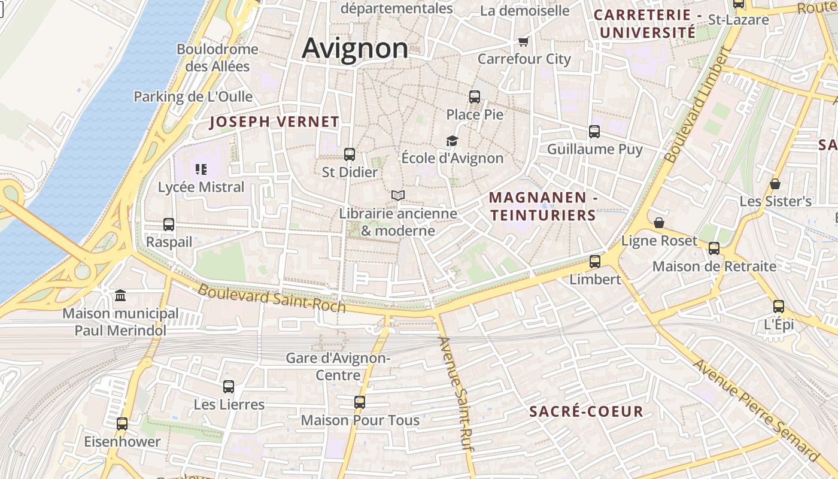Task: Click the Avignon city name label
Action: (355, 48)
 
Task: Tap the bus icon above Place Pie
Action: (475, 96)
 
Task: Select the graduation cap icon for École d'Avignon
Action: (452, 141)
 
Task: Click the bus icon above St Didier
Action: (350, 154)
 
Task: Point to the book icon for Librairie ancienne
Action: (398, 195)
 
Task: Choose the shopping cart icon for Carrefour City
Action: (524, 41)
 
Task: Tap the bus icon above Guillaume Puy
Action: (594, 132)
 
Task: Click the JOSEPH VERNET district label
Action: (274, 122)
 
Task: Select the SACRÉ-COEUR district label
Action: (587, 411)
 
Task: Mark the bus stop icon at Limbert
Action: (595, 262)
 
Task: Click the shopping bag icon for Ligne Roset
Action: (659, 223)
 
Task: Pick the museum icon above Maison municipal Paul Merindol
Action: (120, 295)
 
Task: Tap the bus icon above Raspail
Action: (169, 225)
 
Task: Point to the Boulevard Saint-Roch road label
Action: (272, 298)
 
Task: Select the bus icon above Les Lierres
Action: (229, 387)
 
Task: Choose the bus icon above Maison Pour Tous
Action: (360, 402)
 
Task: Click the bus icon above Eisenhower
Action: (122, 424)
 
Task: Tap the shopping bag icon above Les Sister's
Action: (775, 184)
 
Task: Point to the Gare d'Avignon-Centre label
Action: (338, 366)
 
